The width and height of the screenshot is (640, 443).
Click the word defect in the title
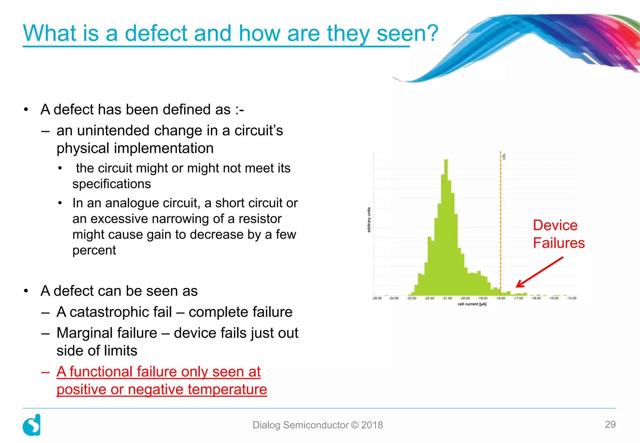pyautogui.click(x=156, y=33)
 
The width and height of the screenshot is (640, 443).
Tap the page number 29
pyautogui.click(x=610, y=424)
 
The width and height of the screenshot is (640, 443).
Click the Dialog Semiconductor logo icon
pyautogui.click(x=32, y=425)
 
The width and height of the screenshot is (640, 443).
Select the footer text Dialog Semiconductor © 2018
pyautogui.click(x=317, y=425)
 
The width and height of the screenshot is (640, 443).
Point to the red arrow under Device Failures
pyautogui.click(x=539, y=272)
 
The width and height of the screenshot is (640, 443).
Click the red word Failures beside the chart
pyautogui.click(x=558, y=243)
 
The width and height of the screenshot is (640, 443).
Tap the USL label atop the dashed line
pyautogui.click(x=504, y=156)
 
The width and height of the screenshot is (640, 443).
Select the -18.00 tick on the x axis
pyautogui.click(x=500, y=298)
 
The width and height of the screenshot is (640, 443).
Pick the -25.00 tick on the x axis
pyautogui.click(x=377, y=298)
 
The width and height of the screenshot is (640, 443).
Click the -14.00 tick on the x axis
pyautogui.click(x=572, y=298)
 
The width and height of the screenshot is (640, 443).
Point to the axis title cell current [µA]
pyautogui.click(x=472, y=304)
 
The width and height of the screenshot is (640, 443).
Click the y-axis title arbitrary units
pyautogui.click(x=369, y=220)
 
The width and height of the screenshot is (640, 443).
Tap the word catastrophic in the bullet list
pyautogui.click(x=121, y=312)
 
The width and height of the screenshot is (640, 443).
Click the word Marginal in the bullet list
pyautogui.click(x=107, y=333)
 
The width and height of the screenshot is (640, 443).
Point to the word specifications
pyautogui.click(x=112, y=184)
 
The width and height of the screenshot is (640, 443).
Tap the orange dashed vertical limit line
pyautogui.click(x=500, y=219)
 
